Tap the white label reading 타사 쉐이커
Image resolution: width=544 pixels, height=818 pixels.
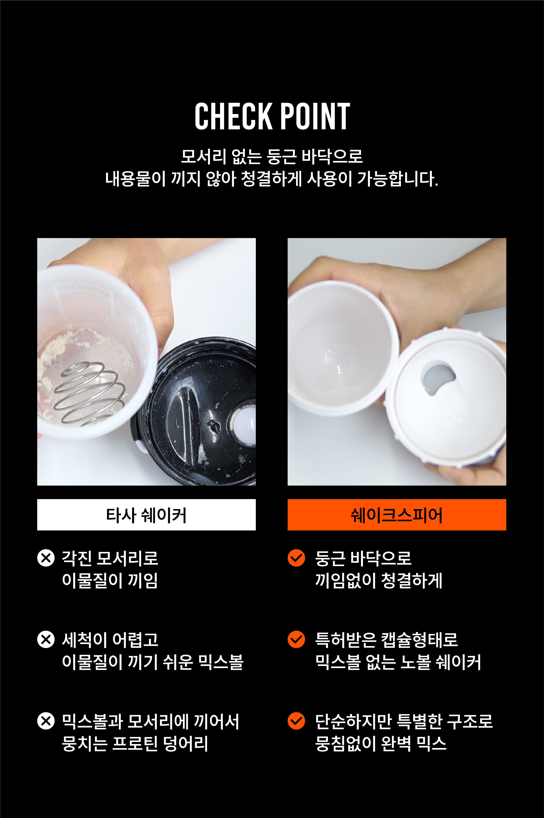click(146, 515)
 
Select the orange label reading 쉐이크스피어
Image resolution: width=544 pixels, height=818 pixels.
click(396, 515)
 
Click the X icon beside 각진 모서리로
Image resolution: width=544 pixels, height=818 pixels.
click(46, 558)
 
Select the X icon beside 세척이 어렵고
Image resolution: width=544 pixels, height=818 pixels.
click(46, 639)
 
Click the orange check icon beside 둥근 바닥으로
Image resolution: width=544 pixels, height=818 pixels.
click(296, 558)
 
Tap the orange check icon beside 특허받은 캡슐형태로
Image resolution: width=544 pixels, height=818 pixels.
click(296, 639)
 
